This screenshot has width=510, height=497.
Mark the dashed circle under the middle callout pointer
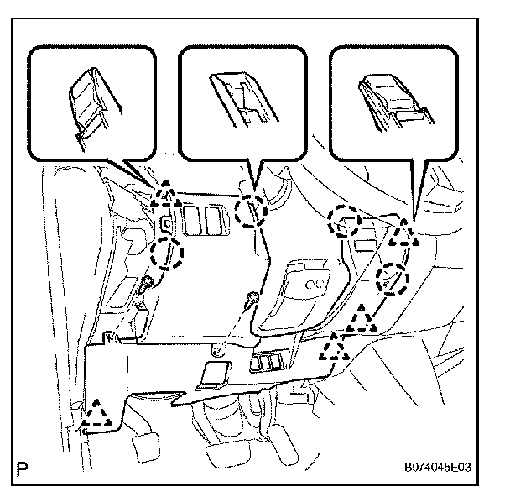[250, 211]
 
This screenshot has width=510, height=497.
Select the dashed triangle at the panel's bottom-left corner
[100, 414]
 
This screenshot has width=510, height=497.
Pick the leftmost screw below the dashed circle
[148, 284]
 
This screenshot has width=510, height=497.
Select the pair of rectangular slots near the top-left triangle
[206, 222]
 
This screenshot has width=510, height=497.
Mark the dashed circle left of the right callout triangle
[344, 220]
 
